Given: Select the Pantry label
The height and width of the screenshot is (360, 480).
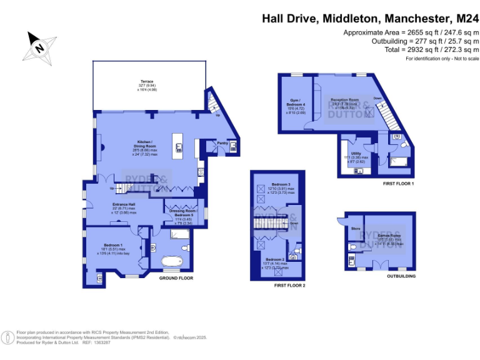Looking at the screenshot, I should [222, 143].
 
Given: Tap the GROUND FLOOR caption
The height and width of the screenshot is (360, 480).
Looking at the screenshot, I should [176, 278].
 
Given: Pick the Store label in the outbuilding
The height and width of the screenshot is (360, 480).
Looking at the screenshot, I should [356, 229].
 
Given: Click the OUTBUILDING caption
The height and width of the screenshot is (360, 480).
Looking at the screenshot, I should [401, 276].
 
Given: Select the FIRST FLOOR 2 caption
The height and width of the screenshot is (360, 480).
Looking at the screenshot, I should [289, 285].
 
